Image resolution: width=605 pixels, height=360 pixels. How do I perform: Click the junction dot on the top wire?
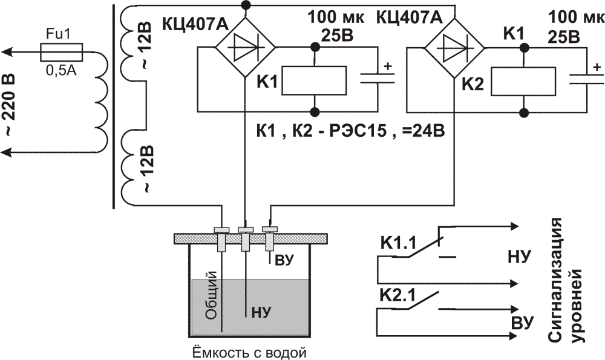click(x=244, y=5)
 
